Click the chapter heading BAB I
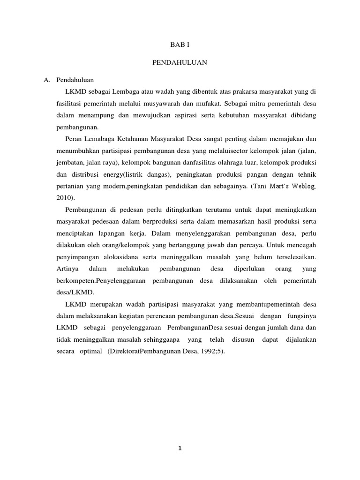click(x=180, y=45)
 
